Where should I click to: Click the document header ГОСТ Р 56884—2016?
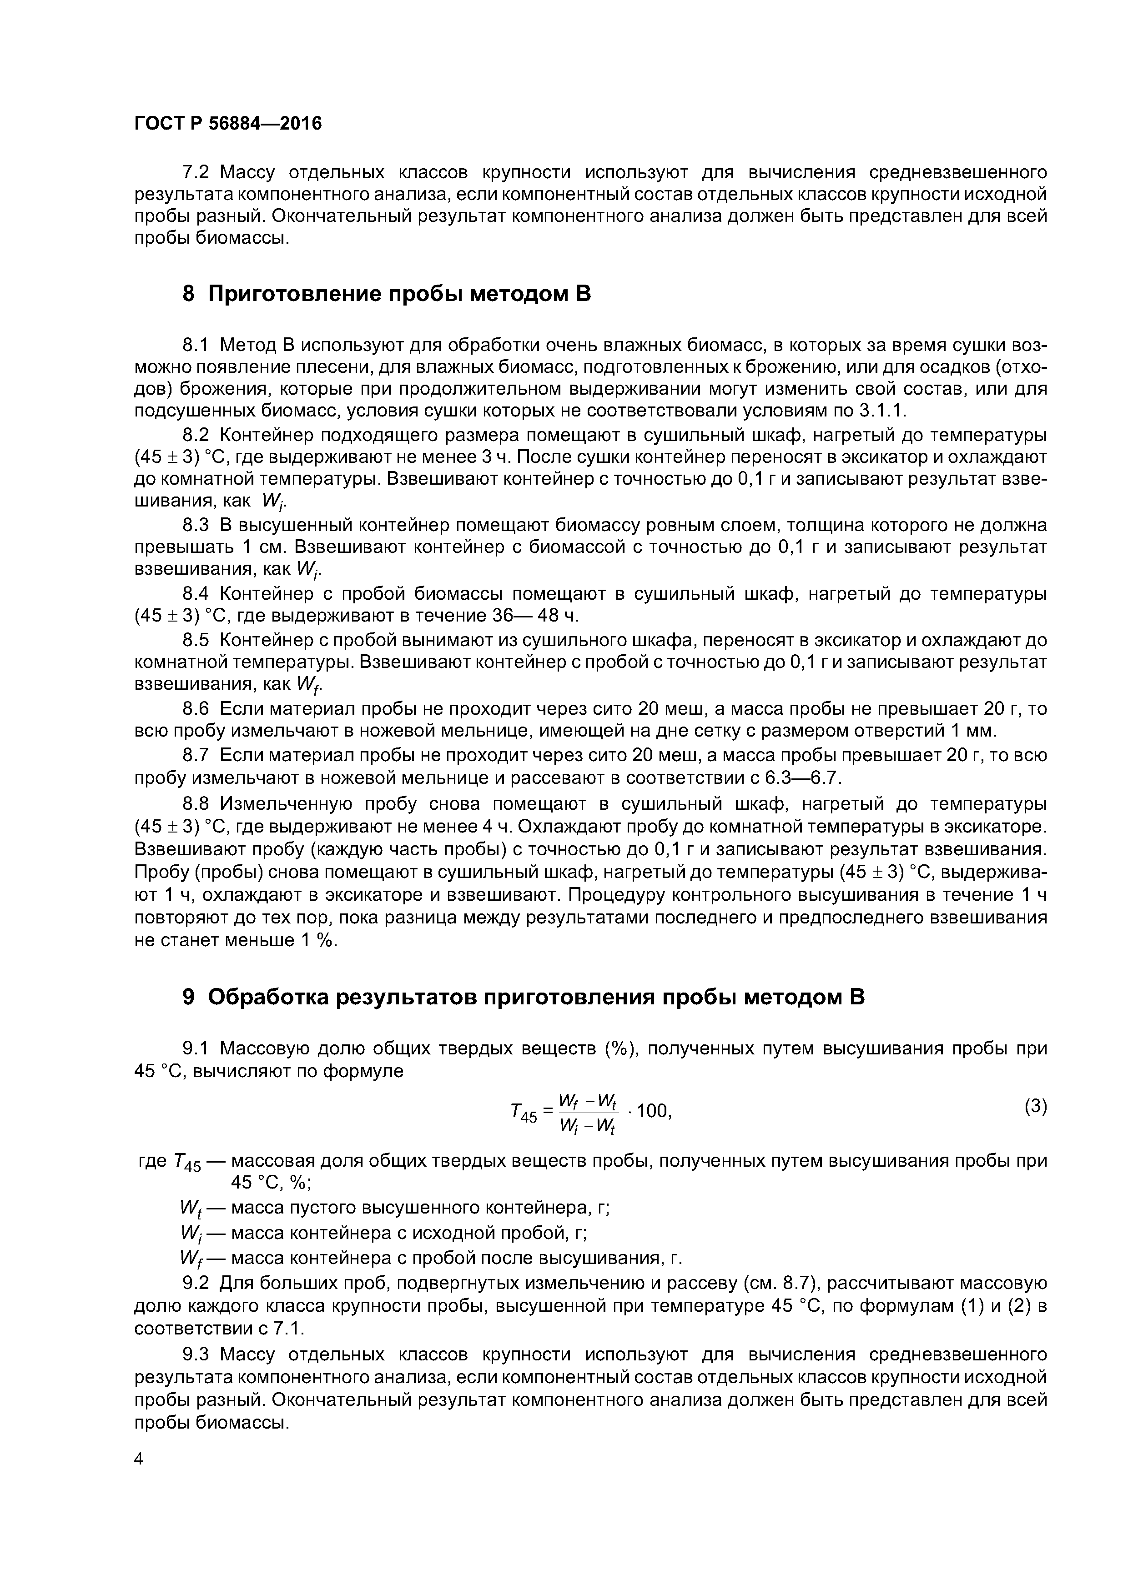[x=228, y=124]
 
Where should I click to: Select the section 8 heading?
[x=387, y=294]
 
